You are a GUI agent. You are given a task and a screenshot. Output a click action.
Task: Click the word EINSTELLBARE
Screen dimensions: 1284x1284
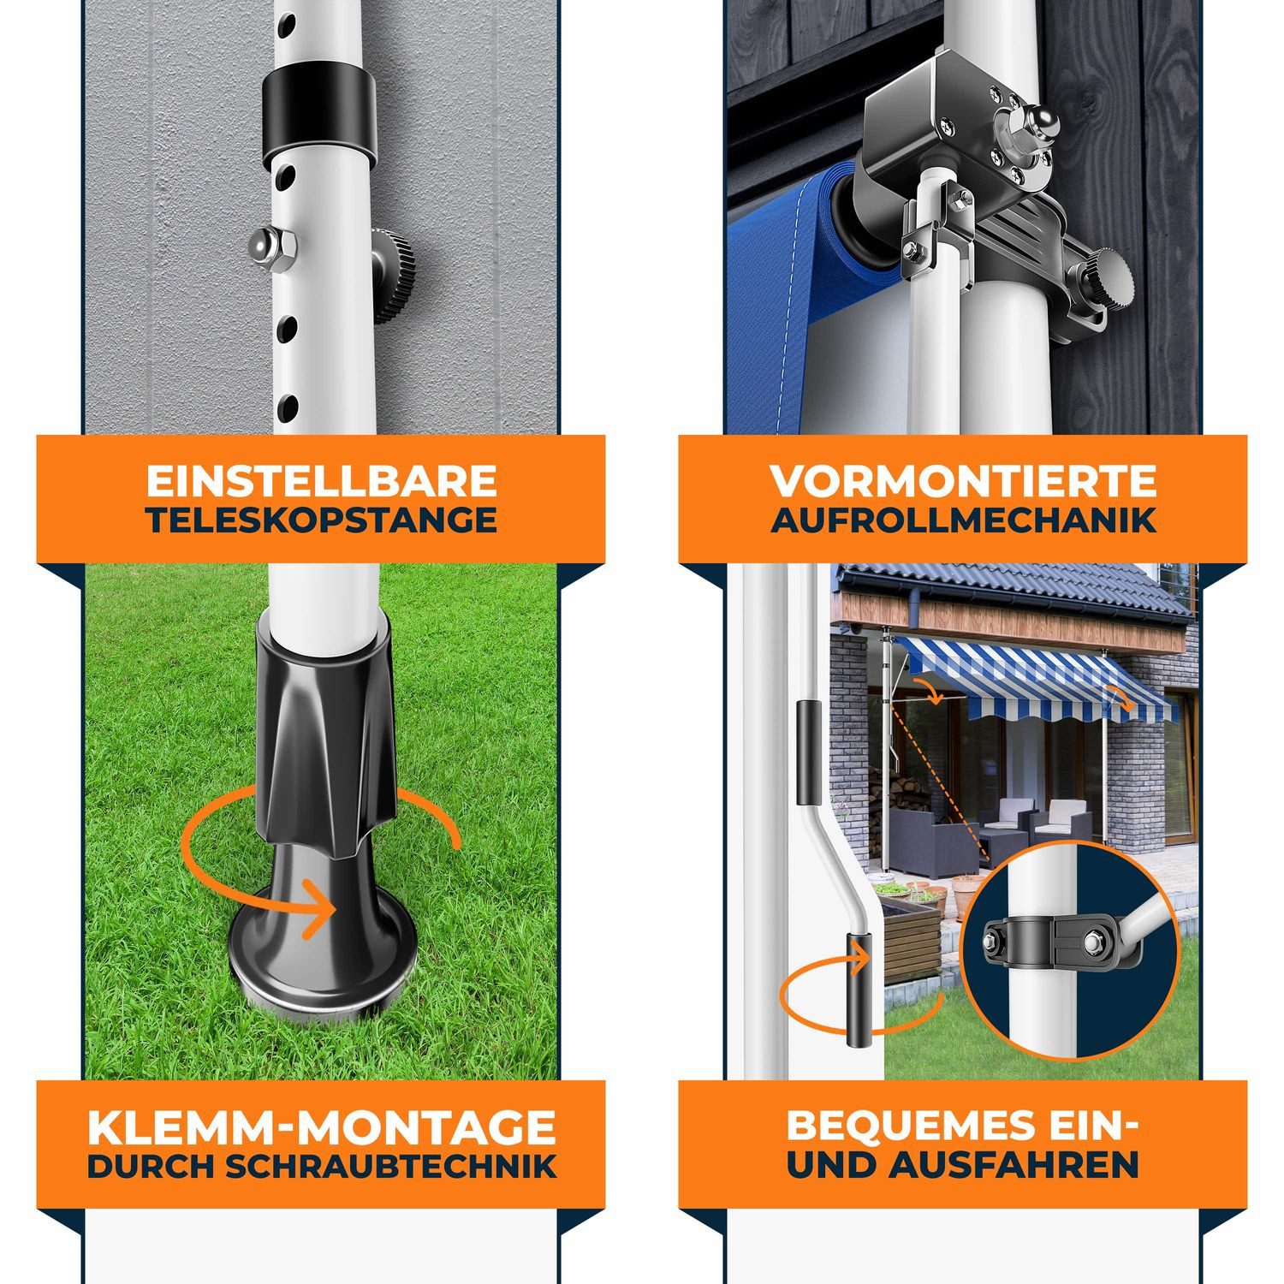[x=321, y=481]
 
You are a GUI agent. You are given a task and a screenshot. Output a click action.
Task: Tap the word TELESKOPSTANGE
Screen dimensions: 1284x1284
[x=321, y=520]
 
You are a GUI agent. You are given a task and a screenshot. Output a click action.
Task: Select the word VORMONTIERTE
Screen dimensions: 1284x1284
[x=963, y=481]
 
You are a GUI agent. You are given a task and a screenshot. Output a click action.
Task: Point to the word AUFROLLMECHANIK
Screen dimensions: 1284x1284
[x=963, y=520]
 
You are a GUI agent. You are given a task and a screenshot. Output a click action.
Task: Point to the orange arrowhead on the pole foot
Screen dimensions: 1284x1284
[x=324, y=907]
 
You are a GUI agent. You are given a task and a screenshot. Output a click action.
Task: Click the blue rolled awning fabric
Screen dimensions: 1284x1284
[x=775, y=282]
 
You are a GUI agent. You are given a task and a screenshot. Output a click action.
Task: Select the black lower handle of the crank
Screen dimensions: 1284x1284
[x=859, y=989]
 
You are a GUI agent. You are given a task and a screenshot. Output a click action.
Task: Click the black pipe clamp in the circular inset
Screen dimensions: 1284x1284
[x=1053, y=942]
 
